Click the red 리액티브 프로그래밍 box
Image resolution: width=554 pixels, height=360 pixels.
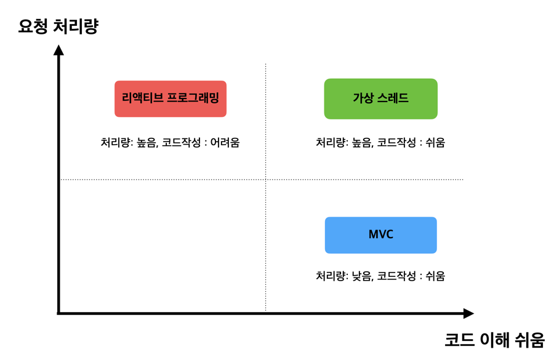tap(171, 98)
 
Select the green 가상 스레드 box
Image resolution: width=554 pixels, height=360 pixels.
tap(380, 98)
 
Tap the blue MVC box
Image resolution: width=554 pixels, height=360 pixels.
tap(380, 235)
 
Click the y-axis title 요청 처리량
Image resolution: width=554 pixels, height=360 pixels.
tap(58, 26)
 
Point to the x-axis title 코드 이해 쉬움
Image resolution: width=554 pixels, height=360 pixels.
tap(494, 340)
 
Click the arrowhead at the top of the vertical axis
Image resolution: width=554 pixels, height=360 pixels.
tap(58, 50)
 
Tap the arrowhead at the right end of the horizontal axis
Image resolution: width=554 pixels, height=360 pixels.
tap(468, 313)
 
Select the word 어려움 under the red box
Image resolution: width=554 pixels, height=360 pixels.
tap(225, 142)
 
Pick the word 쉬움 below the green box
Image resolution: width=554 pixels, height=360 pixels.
tap(435, 142)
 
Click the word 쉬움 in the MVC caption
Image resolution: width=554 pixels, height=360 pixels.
tap(435, 276)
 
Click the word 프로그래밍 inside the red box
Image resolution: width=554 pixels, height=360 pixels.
tap(193, 97)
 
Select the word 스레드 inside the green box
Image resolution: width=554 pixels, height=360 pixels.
tap(393, 98)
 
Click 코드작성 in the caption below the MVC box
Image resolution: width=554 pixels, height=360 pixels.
tap(396, 276)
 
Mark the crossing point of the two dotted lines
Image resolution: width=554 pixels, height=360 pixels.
tap(266, 180)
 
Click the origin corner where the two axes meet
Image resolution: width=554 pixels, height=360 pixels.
tap(58, 313)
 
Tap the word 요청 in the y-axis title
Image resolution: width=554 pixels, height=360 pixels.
tap(33, 26)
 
